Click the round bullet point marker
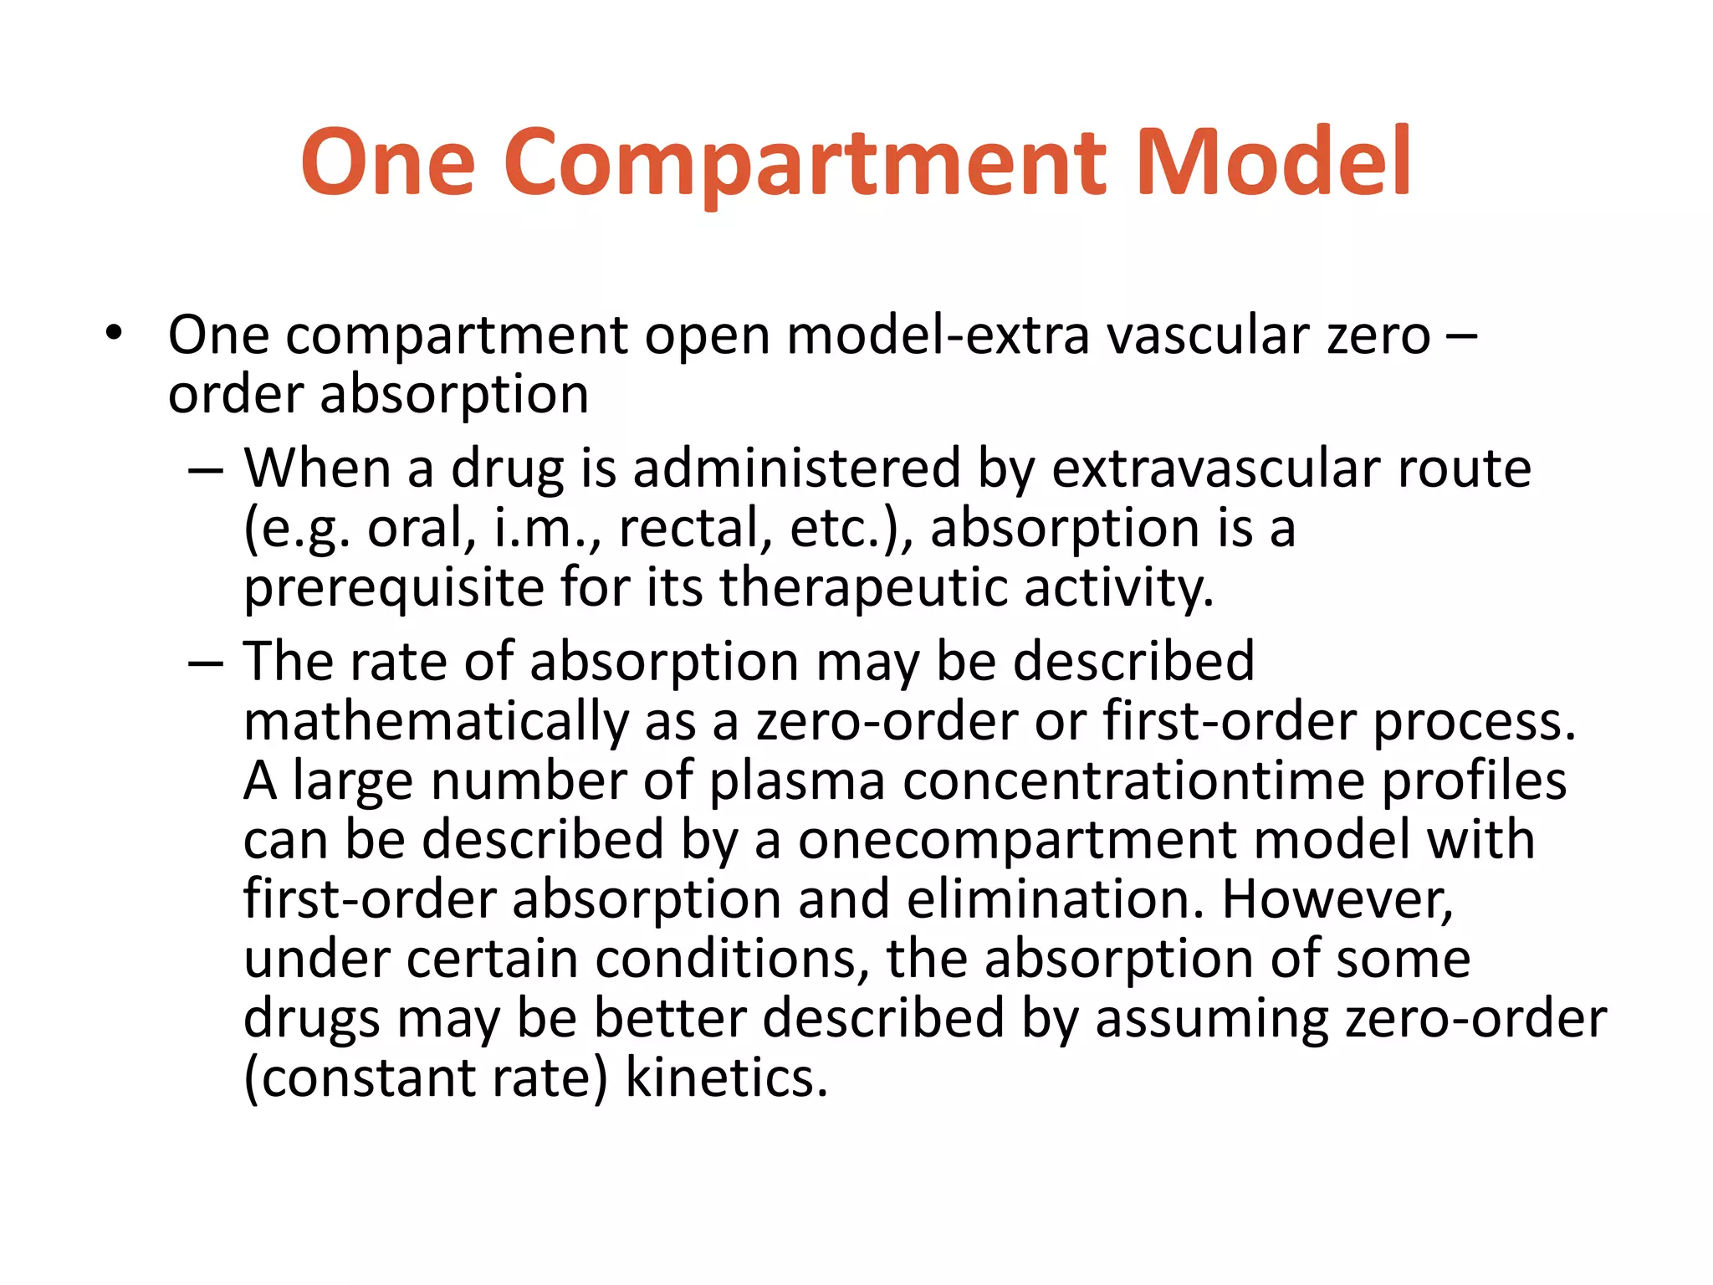(114, 333)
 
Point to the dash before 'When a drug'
(206, 469)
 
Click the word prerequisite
(393, 588)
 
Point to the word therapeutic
(863, 588)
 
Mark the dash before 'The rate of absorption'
(206, 663)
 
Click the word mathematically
(436, 721)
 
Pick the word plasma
(797, 781)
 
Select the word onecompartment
(1016, 840)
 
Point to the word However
(1337, 899)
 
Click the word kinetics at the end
(726, 1078)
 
